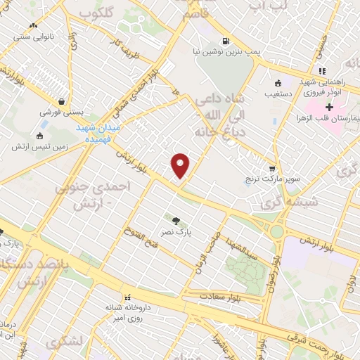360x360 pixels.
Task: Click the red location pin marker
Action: (x=181, y=166)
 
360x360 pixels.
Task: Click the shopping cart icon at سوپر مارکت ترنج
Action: (x=272, y=169)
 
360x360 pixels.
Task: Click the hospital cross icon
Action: (x=329, y=107)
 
